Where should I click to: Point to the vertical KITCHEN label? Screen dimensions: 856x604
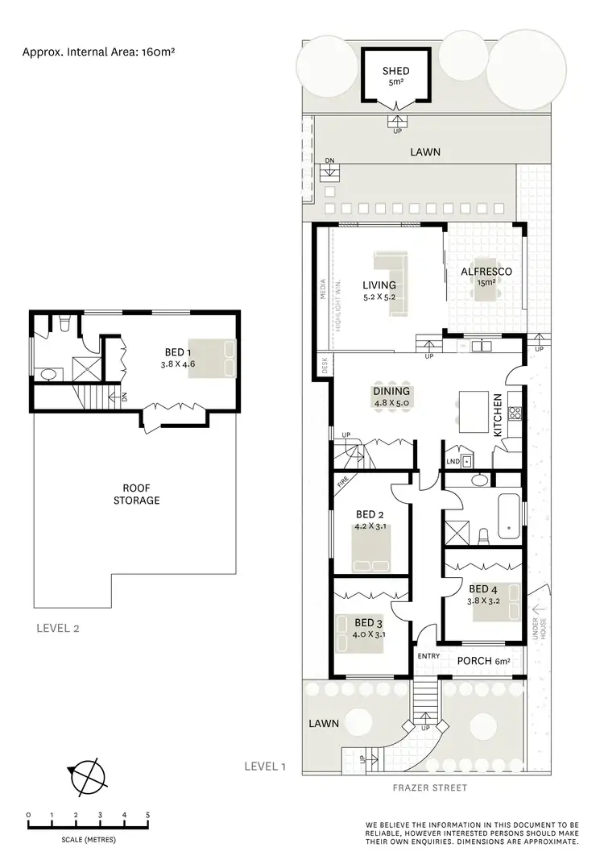point(498,415)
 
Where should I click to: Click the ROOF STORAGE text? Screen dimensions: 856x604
point(141,494)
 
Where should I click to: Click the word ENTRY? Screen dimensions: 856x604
point(428,656)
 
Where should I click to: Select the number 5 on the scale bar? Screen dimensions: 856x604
point(147,815)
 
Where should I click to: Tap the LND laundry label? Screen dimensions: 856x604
point(453,461)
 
